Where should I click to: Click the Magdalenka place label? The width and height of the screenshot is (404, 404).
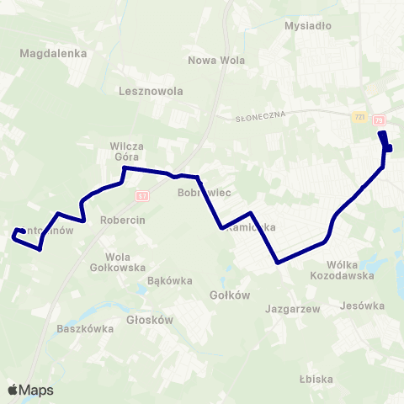click(41, 52)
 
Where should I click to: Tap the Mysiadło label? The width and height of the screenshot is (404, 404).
click(308, 25)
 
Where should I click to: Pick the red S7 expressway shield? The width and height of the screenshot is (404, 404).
click(142, 195)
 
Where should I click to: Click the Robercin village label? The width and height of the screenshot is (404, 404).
click(123, 219)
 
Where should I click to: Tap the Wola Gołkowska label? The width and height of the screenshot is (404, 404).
click(112, 262)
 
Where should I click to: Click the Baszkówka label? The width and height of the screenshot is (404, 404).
click(85, 328)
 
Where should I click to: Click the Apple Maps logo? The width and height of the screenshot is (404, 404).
click(29, 390)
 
